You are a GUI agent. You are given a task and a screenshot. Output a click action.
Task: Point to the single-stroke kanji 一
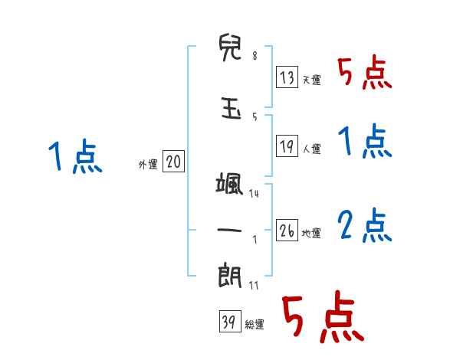pyautogui.click(x=230, y=230)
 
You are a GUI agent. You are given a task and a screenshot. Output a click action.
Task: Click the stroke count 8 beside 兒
pyautogui.click(x=255, y=57)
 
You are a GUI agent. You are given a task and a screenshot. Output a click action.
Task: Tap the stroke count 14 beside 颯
pyautogui.click(x=254, y=194)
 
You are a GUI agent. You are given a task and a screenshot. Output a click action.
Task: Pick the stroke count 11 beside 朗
pyautogui.click(x=254, y=285)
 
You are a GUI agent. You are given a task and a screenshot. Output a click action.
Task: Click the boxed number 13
pyautogui.click(x=287, y=78)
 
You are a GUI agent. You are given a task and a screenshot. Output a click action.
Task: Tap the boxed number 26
pyautogui.click(x=287, y=231)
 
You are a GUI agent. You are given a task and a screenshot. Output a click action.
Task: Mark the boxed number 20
pyautogui.click(x=173, y=162)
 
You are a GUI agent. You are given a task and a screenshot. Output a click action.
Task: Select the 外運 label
pyautogui.click(x=147, y=164)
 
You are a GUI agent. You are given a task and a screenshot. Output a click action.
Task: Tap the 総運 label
pyautogui.click(x=255, y=324)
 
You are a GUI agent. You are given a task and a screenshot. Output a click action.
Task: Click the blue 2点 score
pyautogui.click(x=365, y=225)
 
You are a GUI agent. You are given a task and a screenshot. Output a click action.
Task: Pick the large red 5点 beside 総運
pyautogui.click(x=322, y=318)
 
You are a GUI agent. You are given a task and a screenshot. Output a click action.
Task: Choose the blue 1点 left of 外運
pyautogui.click(x=75, y=157)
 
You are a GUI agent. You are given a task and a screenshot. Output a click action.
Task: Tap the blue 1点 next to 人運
pyautogui.click(x=365, y=141)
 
